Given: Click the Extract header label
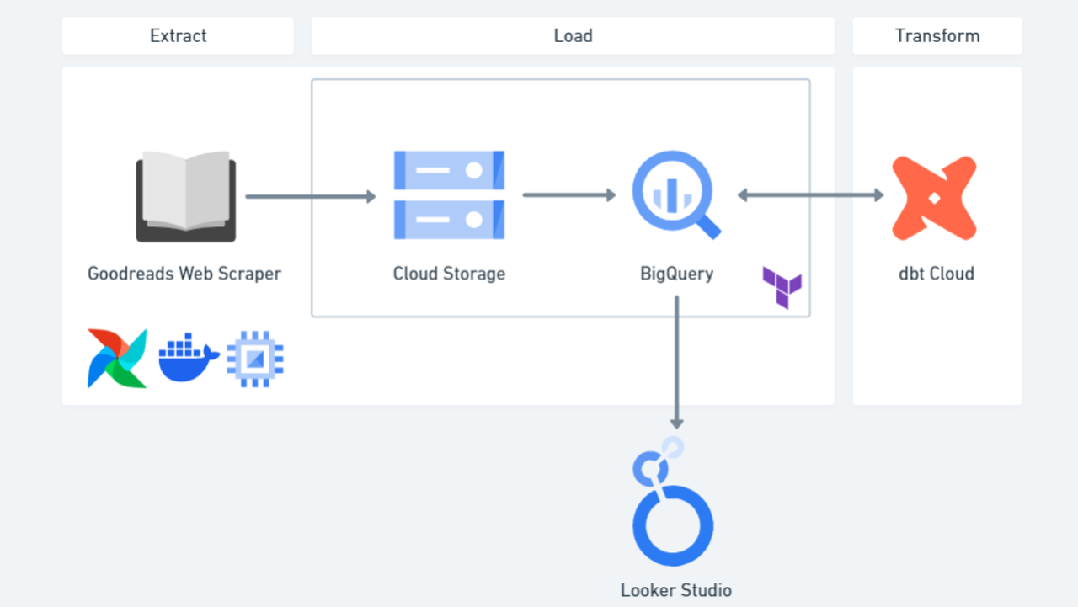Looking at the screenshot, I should pyautogui.click(x=178, y=36).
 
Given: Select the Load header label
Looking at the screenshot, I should pyautogui.click(x=573, y=36).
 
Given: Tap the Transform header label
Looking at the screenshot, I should pyautogui.click(x=937, y=36).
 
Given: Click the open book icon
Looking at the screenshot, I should pyautogui.click(x=186, y=196).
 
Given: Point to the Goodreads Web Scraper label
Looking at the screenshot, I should pyautogui.click(x=184, y=274).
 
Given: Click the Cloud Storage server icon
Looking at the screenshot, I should pyautogui.click(x=449, y=195).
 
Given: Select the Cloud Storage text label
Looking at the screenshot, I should pyautogui.click(x=449, y=274).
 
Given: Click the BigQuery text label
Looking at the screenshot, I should pyautogui.click(x=676, y=274).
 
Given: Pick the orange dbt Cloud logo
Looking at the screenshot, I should pyautogui.click(x=934, y=198).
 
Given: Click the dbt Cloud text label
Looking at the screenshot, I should pyautogui.click(x=936, y=274).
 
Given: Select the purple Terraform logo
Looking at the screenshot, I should pyautogui.click(x=782, y=287).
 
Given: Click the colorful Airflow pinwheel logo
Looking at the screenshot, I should pyautogui.click(x=117, y=359).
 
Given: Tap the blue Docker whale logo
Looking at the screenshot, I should pyautogui.click(x=189, y=358).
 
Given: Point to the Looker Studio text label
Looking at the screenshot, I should pyautogui.click(x=675, y=590).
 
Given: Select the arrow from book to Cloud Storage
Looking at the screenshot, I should pyautogui.click(x=310, y=197).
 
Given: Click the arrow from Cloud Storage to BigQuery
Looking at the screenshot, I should pyautogui.click(x=569, y=195).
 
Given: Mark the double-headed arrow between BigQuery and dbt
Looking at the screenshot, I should pyautogui.click(x=810, y=195).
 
